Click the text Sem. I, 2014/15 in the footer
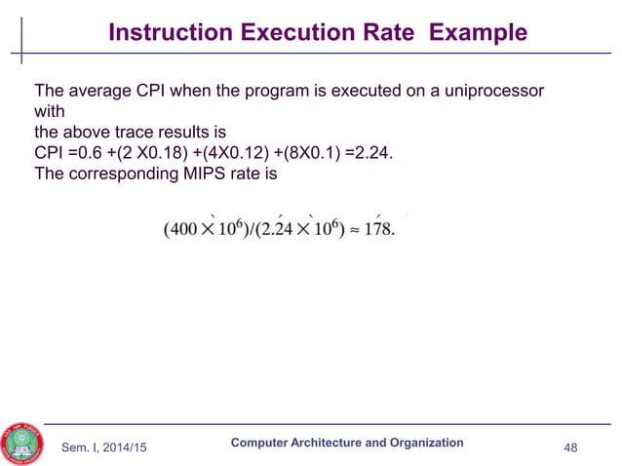click(107, 447)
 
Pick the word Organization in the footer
click(424, 442)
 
